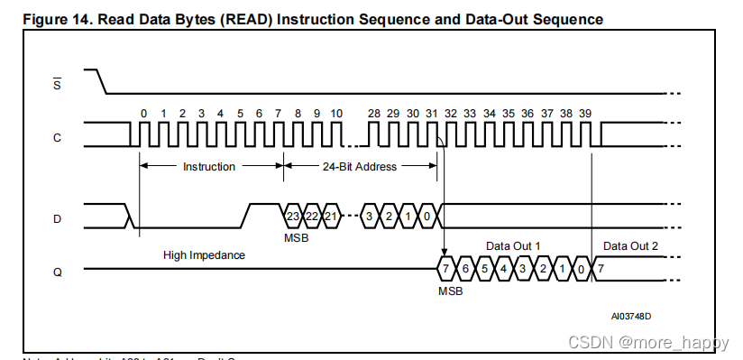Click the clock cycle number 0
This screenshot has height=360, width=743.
point(142,113)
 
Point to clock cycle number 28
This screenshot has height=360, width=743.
point(374,113)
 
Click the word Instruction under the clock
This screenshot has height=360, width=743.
point(209,166)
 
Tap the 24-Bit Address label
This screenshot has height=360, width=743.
point(361,166)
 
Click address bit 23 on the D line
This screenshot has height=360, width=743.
point(293,216)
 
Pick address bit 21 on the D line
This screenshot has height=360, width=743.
point(331,216)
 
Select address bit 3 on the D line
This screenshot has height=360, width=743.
point(370,216)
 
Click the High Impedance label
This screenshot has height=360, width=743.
point(204,255)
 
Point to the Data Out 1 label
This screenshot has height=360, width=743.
point(513,246)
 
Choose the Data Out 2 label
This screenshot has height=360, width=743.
point(630,246)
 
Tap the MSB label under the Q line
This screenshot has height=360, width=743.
point(450,291)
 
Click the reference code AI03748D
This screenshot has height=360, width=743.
point(630,316)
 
